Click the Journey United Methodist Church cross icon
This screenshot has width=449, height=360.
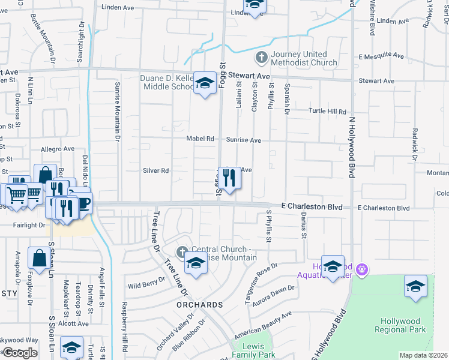click(x=261, y=58)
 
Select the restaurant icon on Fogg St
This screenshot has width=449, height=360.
click(x=229, y=178)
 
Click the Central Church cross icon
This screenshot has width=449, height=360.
click(x=182, y=250)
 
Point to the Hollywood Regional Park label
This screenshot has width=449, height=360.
click(x=400, y=325)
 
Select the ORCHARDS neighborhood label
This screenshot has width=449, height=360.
click(x=200, y=305)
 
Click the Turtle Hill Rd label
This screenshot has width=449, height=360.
click(x=328, y=111)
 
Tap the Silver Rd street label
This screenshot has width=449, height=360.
click(x=155, y=170)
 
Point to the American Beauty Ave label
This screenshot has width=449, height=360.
click(x=263, y=325)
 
